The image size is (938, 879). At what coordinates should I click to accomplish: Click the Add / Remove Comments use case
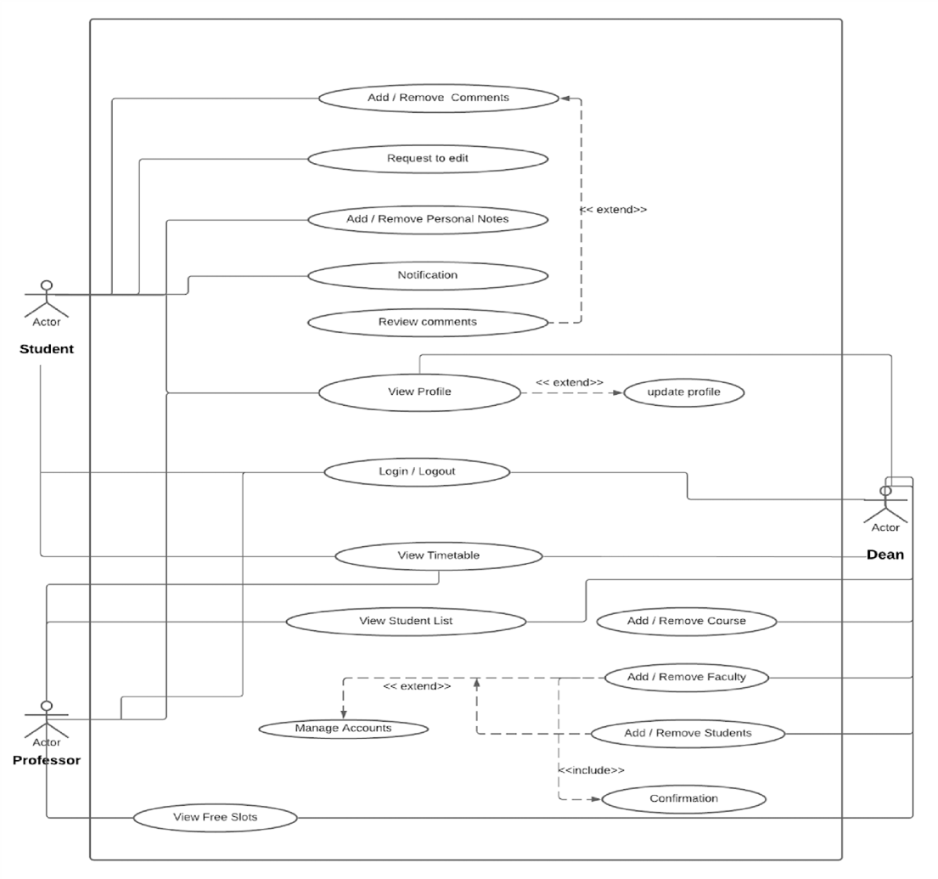pyautogui.click(x=438, y=98)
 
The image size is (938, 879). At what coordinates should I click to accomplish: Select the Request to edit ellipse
pyautogui.click(x=427, y=158)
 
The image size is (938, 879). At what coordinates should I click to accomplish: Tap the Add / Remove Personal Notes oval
pyautogui.click(x=427, y=219)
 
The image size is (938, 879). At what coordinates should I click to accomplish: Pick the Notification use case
pyautogui.click(x=427, y=275)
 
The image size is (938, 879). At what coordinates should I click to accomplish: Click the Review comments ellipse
pyautogui.click(x=427, y=322)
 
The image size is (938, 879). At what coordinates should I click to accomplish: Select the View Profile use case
pyautogui.click(x=418, y=392)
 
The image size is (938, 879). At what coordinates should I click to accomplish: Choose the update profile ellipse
pyautogui.click(x=684, y=392)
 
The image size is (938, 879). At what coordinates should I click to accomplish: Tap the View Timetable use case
pyautogui.click(x=438, y=556)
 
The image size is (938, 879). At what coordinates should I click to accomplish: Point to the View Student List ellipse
pyautogui.click(x=406, y=621)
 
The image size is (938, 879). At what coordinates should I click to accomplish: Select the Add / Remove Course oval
pyautogui.click(x=686, y=621)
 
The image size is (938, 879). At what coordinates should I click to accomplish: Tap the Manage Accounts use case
pyautogui.click(x=343, y=729)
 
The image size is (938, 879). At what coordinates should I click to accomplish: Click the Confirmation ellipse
pyautogui.click(x=683, y=799)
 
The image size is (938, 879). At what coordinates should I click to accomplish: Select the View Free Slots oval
pyautogui.click(x=216, y=818)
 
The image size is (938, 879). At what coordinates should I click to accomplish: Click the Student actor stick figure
pyautogui.click(x=47, y=299)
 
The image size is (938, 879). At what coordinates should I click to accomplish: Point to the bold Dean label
pyautogui.click(x=885, y=555)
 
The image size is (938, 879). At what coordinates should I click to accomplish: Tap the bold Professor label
pyautogui.click(x=47, y=760)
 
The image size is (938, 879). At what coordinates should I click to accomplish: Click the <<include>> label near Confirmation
pyautogui.click(x=591, y=770)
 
